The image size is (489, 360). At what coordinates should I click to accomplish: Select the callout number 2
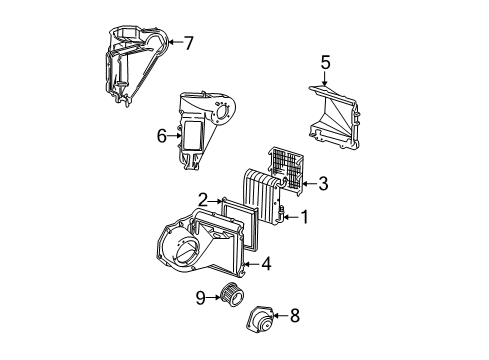[202, 200]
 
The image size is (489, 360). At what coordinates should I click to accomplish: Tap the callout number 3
[322, 183]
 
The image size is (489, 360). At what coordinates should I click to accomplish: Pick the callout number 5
[324, 65]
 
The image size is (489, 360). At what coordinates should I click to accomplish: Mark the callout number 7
[188, 42]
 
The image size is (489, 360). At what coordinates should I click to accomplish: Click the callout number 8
[293, 316]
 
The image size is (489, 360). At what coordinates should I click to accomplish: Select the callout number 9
[199, 296]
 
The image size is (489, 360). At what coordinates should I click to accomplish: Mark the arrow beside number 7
[174, 42]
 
